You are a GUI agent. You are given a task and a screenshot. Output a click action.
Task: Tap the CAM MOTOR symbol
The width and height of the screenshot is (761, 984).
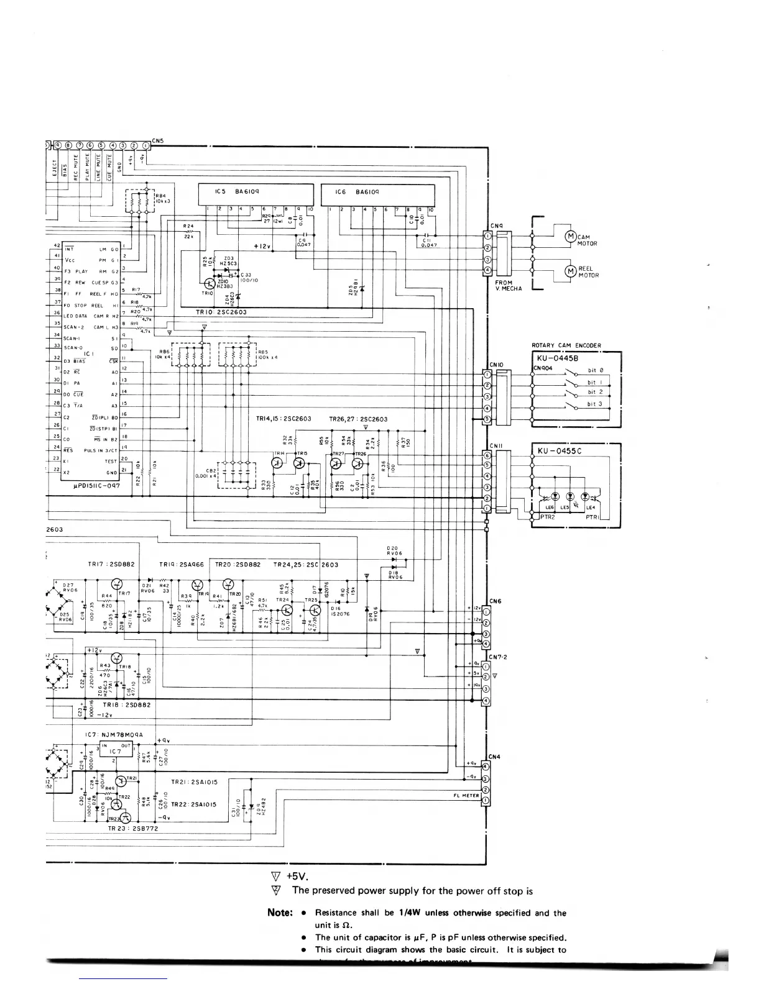(x=570, y=236)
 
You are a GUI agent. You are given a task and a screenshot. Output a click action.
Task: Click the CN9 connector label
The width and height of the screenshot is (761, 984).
(x=496, y=225)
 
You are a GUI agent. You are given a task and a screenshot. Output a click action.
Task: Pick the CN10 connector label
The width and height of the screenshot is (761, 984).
(x=496, y=365)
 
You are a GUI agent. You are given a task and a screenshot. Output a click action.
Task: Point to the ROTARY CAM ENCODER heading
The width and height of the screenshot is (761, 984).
(x=566, y=345)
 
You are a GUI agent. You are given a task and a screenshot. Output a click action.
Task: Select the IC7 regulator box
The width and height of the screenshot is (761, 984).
(x=116, y=750)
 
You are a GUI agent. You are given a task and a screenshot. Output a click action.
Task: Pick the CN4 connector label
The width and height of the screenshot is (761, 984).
(x=495, y=757)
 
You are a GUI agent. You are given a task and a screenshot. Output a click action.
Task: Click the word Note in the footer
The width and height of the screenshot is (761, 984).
(x=280, y=913)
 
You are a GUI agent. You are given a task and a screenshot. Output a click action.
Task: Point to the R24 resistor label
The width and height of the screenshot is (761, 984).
(x=189, y=226)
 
